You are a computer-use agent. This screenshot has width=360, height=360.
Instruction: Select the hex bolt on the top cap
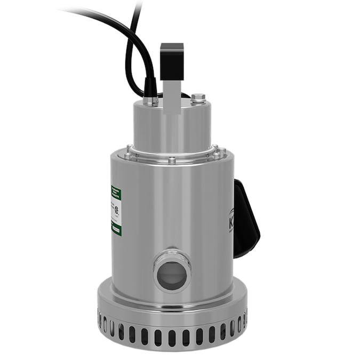pyautogui.click(x=198, y=97)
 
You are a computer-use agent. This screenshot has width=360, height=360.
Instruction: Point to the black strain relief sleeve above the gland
pyautogui.click(x=150, y=85)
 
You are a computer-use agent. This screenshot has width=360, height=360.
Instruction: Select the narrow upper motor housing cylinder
pyautogui.click(x=172, y=128)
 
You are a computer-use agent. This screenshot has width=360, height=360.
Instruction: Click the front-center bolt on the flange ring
pyautogui.click(x=172, y=159)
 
